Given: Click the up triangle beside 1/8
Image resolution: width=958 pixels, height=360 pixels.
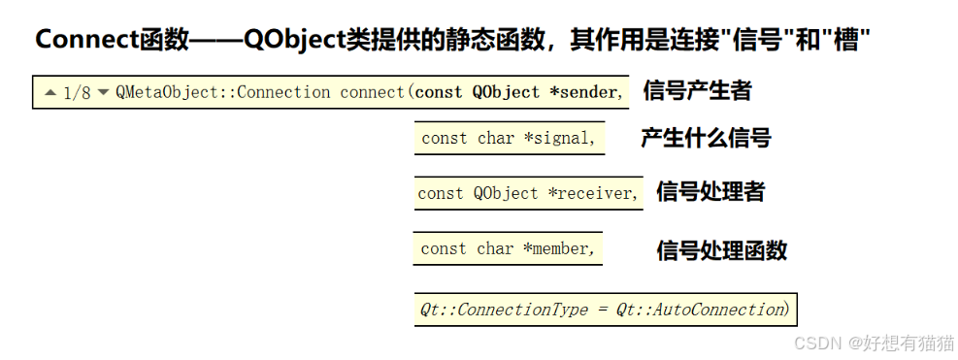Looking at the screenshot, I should (x=50, y=93).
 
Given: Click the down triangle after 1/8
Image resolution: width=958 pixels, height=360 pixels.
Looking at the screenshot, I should (x=104, y=93).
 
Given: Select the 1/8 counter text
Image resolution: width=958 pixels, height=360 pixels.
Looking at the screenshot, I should (x=77, y=93).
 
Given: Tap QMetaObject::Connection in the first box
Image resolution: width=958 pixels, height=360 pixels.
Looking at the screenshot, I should (x=223, y=93).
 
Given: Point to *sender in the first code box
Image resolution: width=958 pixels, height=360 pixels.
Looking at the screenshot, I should (x=583, y=93).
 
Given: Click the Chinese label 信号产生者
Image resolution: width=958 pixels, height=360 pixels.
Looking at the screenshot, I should (x=697, y=91).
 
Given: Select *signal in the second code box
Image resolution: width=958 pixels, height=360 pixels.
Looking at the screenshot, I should (x=559, y=138).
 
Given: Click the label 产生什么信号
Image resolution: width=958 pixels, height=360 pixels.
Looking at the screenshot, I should (x=706, y=138).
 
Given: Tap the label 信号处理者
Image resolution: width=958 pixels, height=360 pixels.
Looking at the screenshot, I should (x=710, y=192).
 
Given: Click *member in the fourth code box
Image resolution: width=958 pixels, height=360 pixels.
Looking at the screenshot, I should (x=558, y=248).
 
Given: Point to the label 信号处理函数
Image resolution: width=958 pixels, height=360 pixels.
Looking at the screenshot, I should (x=721, y=250).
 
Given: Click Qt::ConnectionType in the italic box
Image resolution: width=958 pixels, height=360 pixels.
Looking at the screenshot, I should (x=504, y=310).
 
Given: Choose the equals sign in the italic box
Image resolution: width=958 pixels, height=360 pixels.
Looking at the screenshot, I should (x=602, y=310).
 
